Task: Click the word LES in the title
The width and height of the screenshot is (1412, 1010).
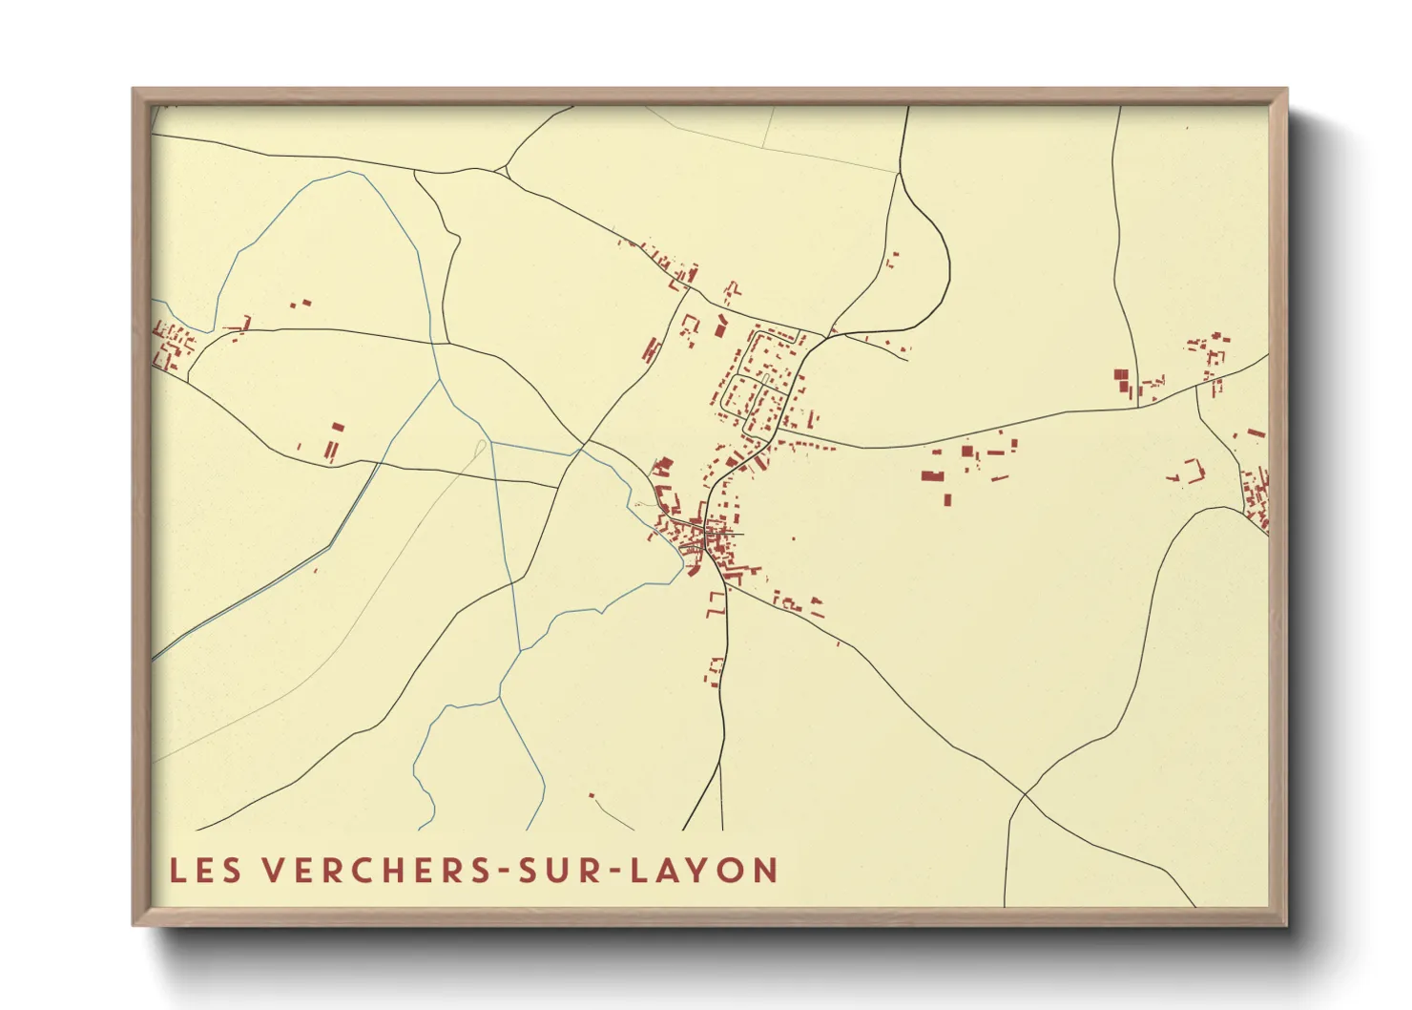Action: pos(205,871)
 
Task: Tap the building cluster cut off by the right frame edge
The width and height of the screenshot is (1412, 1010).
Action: pos(1256,496)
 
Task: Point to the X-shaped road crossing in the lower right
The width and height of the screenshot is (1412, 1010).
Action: pos(1024,793)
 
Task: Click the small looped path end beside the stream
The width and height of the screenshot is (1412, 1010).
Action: pos(480,449)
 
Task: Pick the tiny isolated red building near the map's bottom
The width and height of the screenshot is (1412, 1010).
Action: pos(592,795)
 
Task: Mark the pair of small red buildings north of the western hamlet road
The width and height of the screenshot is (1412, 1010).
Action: pos(301,305)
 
